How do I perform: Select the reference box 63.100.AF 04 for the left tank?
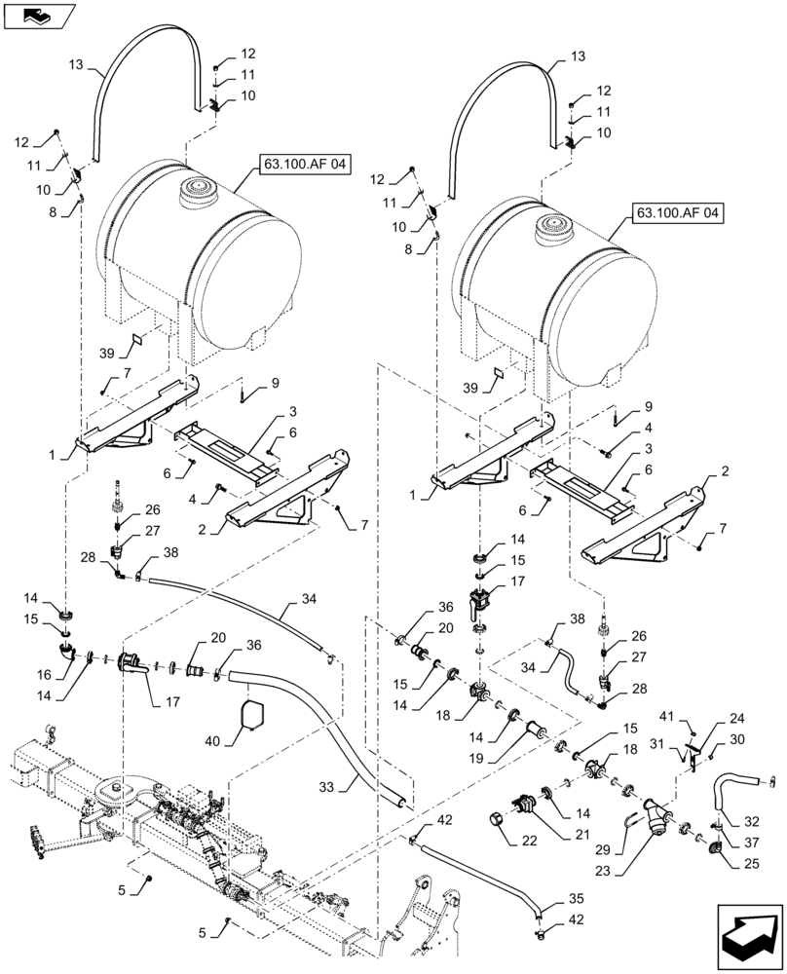303,165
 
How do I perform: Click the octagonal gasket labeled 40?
252,716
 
